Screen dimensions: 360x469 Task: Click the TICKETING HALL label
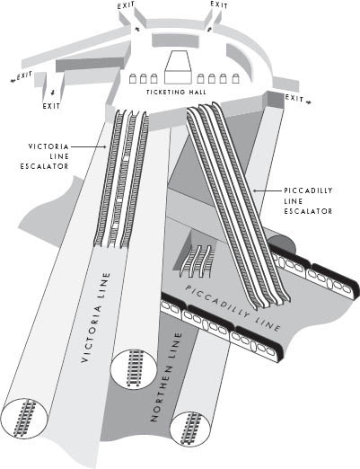(x=176, y=92)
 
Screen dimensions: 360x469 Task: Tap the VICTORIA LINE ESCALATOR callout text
(x=45, y=156)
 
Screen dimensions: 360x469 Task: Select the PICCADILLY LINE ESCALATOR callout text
(x=308, y=200)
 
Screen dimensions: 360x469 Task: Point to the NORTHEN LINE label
(x=166, y=376)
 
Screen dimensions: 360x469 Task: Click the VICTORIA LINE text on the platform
(x=95, y=317)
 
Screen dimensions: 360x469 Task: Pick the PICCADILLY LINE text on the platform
(x=233, y=307)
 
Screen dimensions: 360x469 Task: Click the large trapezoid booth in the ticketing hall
(x=178, y=67)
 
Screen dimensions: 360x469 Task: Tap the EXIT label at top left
(x=126, y=5)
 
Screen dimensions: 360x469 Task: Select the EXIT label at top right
(x=219, y=4)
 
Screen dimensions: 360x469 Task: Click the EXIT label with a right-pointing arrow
(x=298, y=99)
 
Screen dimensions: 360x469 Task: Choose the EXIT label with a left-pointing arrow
(x=21, y=76)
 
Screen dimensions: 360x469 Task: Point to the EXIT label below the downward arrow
(x=51, y=106)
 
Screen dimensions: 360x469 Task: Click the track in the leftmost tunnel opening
(x=24, y=418)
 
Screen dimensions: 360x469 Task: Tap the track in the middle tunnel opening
(x=135, y=367)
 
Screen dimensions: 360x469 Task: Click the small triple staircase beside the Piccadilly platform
(x=197, y=261)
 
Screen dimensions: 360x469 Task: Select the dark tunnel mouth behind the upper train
(x=282, y=243)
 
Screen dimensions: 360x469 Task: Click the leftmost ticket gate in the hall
(x=133, y=79)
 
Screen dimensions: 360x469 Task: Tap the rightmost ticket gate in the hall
(x=236, y=78)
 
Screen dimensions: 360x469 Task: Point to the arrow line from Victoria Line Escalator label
(x=89, y=146)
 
